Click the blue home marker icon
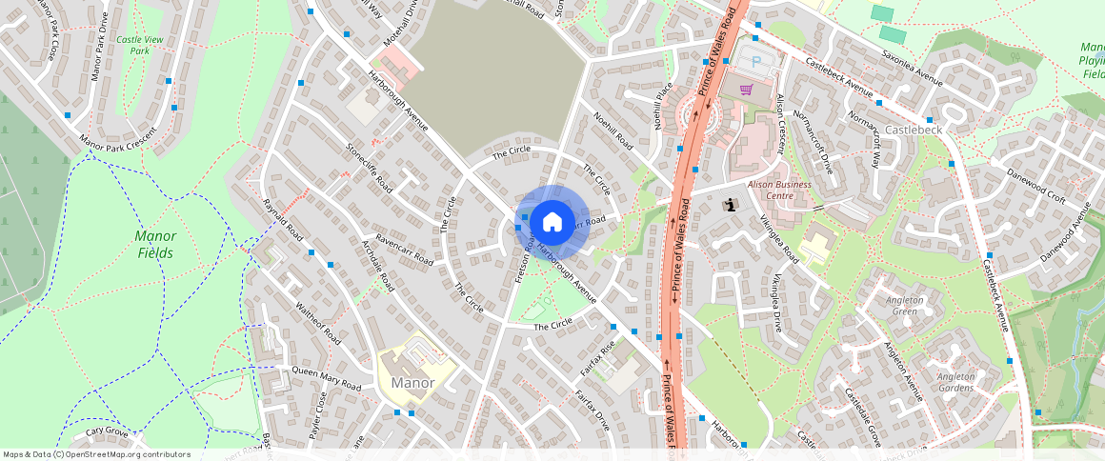point(552,223)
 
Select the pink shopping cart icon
point(747,90)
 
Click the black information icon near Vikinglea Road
point(731,204)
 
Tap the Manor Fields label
point(154,244)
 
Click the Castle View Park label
point(140,45)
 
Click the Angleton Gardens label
point(955,383)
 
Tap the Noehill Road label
point(613,132)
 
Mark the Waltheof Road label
point(318,323)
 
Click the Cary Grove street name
point(107,431)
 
